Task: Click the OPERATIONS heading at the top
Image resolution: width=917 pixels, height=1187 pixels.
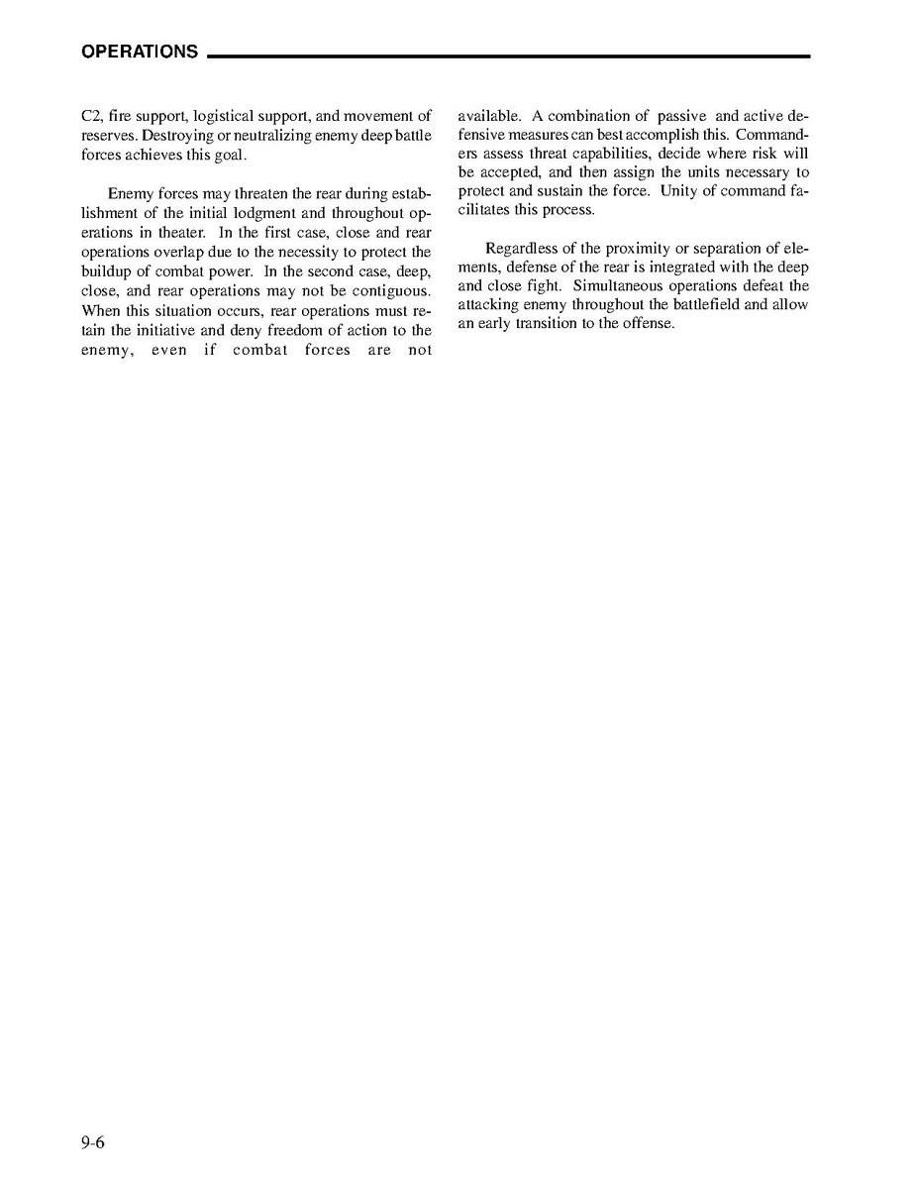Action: pyautogui.click(x=140, y=52)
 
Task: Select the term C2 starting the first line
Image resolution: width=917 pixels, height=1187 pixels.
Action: pyautogui.click(x=91, y=116)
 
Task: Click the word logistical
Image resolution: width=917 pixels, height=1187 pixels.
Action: pyautogui.click(x=224, y=116)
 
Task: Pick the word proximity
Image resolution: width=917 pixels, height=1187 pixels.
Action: pyautogui.click(x=635, y=248)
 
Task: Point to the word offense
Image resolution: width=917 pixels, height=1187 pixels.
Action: pyautogui.click(x=650, y=324)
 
